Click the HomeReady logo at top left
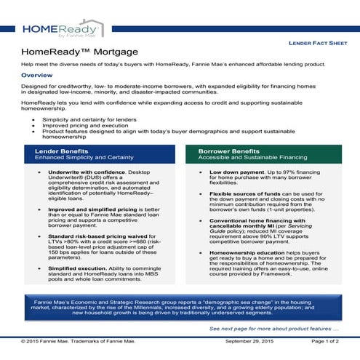[x=62, y=28]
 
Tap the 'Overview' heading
[x=37, y=75]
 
